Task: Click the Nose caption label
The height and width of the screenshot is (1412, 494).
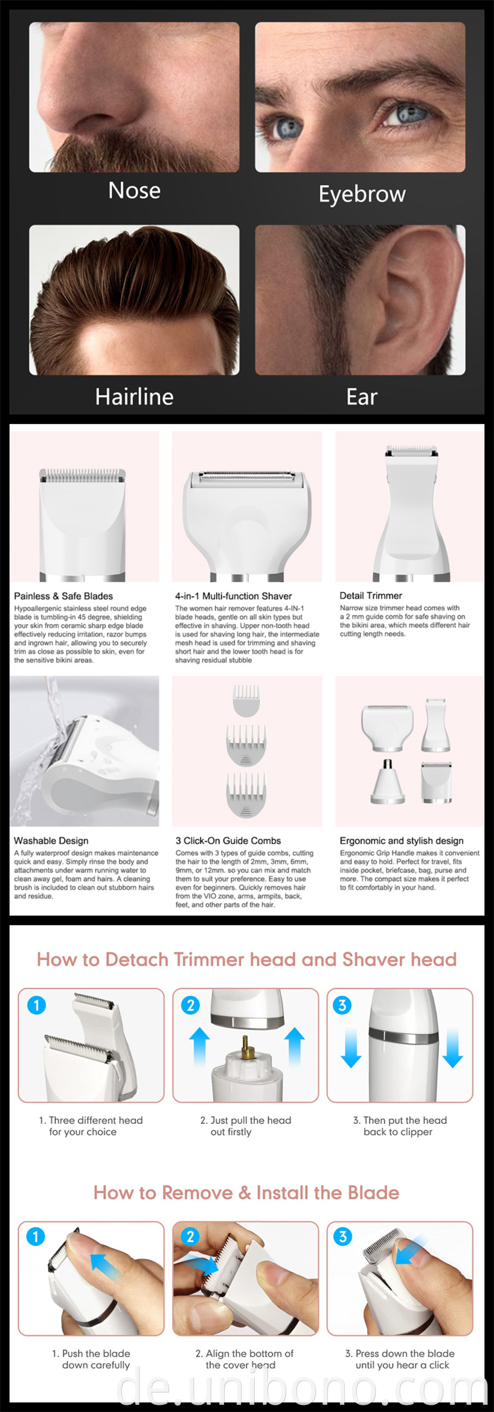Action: click(134, 190)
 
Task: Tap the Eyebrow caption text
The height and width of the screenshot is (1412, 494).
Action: click(362, 195)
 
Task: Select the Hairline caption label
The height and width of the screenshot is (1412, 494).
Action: click(134, 396)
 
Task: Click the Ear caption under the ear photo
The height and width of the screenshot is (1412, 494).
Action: click(361, 397)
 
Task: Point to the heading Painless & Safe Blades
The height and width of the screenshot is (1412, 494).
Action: click(63, 596)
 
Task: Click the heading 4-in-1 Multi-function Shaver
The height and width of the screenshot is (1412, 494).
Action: click(233, 596)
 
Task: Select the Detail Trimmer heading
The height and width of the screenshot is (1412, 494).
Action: click(370, 595)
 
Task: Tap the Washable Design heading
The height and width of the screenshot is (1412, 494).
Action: click(51, 840)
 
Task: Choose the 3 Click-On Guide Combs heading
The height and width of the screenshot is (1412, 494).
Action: click(228, 840)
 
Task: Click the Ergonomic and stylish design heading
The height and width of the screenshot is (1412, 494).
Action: click(402, 840)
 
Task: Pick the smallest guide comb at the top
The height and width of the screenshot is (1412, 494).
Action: click(246, 700)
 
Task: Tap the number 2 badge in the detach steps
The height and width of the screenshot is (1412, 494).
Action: click(191, 1005)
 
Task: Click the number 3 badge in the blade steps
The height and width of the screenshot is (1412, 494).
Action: click(342, 1236)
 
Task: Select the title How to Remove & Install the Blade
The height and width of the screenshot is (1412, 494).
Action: click(246, 1193)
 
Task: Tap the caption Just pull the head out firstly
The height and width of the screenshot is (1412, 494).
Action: click(245, 1126)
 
